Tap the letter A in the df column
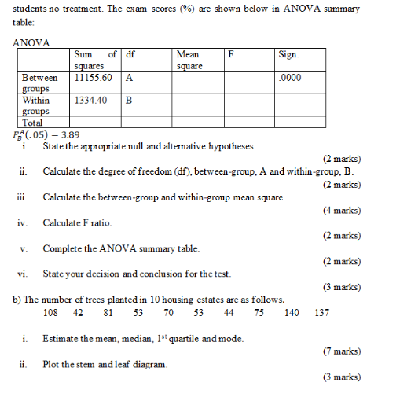click(129, 79)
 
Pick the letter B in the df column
click(129, 101)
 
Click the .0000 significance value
click(290, 79)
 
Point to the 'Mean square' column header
click(189, 61)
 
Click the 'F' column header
click(231, 55)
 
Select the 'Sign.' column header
click(288, 55)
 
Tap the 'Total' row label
click(33, 122)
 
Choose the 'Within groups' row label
click(36, 105)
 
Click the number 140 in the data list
click(292, 313)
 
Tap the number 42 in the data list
click(79, 313)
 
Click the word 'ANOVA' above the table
click(31, 42)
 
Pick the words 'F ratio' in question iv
click(97, 223)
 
